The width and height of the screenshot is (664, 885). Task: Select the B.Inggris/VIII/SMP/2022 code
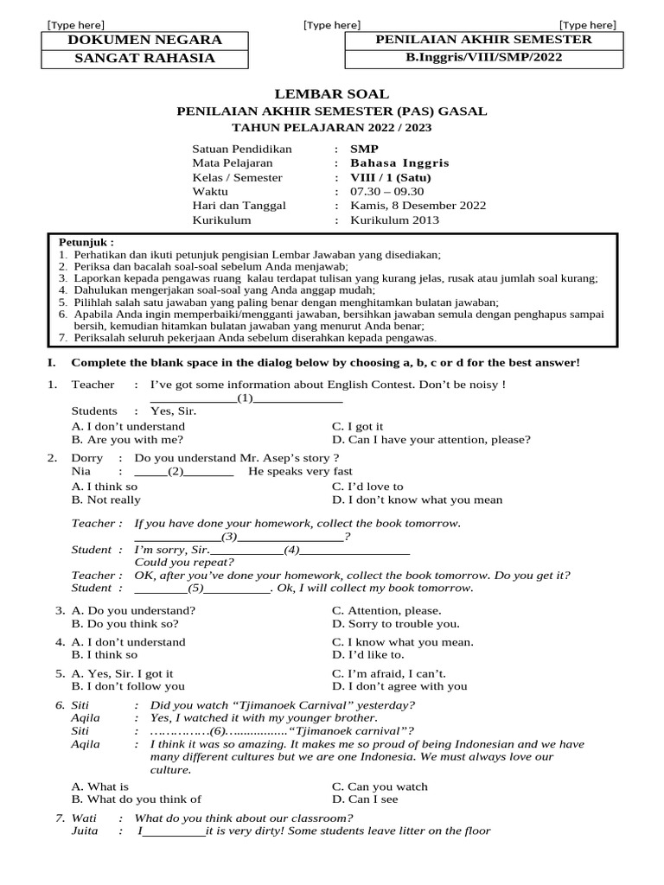click(482, 58)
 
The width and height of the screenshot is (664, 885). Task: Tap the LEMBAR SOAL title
click(332, 93)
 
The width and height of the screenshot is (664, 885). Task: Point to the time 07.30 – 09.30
click(387, 191)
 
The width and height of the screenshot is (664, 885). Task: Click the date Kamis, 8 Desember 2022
click(418, 206)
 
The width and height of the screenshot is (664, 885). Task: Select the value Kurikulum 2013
click(394, 220)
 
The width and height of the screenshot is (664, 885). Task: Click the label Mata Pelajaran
click(232, 162)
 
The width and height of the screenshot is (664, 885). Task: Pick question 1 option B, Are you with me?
click(128, 439)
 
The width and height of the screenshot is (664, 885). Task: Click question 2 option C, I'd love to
click(367, 487)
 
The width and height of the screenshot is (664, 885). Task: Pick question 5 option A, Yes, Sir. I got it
click(122, 673)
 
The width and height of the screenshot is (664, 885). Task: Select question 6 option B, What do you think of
click(137, 799)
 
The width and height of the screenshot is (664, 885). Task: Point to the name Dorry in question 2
click(86, 458)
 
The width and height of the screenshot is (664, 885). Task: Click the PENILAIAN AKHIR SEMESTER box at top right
click(482, 40)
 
